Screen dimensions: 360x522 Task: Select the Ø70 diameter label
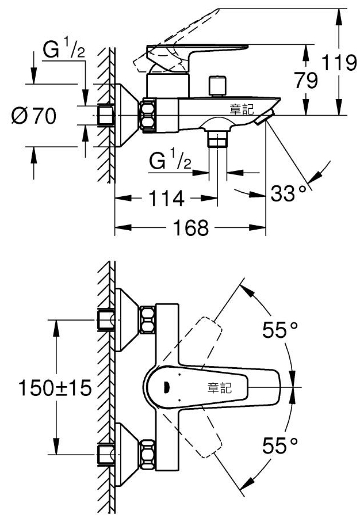[x=34, y=116]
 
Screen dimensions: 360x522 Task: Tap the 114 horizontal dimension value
[x=166, y=199]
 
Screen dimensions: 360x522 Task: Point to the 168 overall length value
[x=191, y=228]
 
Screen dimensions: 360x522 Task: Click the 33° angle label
[x=288, y=193]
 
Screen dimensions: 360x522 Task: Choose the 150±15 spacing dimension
[x=55, y=387]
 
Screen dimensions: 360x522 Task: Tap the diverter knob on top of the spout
[x=217, y=86]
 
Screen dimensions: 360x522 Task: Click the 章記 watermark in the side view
[x=242, y=109]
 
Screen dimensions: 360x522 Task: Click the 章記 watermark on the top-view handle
[x=219, y=388]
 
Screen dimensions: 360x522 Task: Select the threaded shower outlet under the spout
[x=217, y=139]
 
